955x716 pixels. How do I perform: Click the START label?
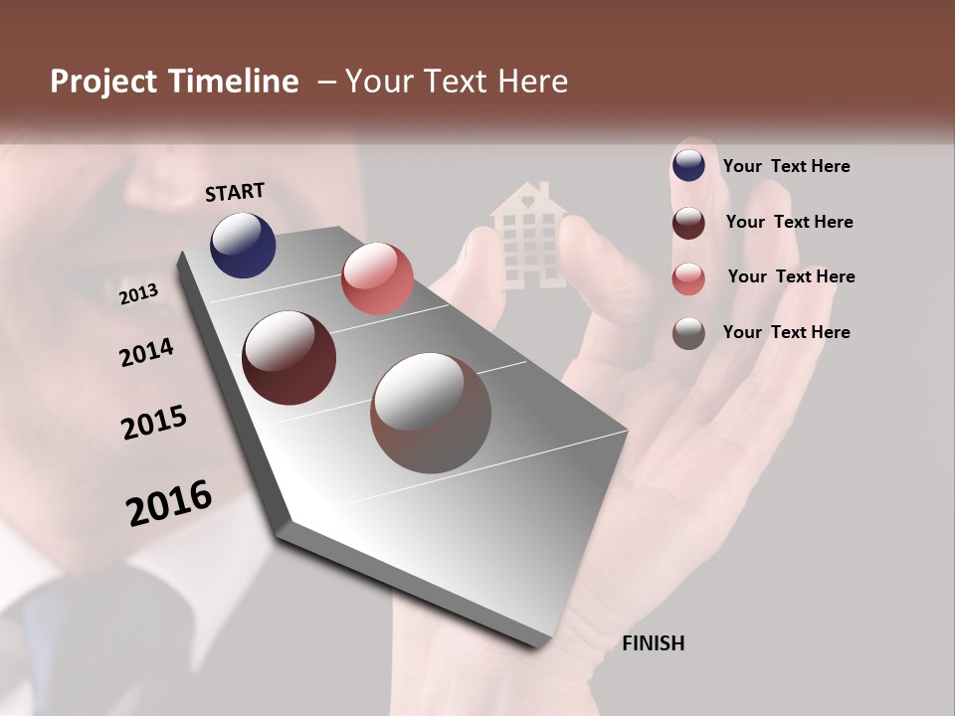235,192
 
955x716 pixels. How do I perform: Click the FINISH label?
653,643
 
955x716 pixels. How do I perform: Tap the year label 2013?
138,294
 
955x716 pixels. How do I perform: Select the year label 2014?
146,353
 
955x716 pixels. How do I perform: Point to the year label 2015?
154,423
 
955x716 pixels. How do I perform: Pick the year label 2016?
169,503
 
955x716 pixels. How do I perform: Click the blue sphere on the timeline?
243,245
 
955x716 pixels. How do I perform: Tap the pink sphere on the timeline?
377,278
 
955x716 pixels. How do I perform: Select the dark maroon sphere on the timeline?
289,358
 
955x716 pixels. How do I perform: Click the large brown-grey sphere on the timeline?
431,413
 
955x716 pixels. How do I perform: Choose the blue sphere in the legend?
688,165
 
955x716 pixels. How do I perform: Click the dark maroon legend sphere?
688,223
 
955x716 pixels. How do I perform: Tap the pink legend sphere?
688,278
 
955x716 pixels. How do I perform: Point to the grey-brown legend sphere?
688,333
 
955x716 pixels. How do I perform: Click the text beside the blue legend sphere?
786,166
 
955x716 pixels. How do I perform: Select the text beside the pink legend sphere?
791,276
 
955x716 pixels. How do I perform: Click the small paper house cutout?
527,235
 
